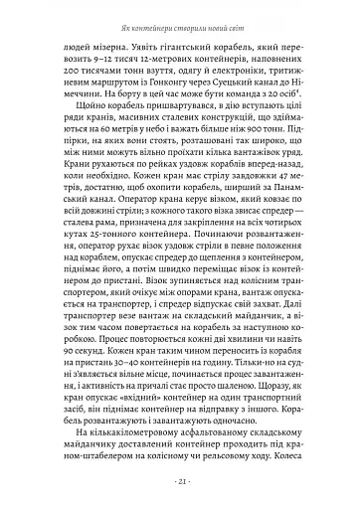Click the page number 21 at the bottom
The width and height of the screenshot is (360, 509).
[179, 482]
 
